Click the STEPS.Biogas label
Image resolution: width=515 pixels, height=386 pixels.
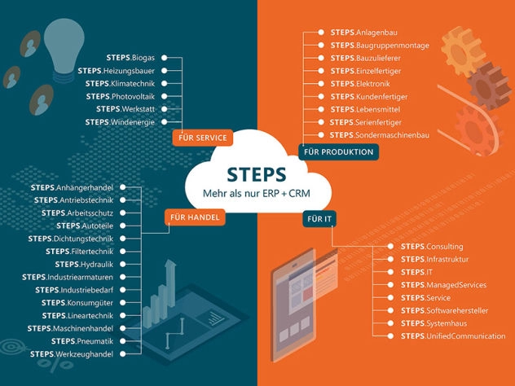tap(131, 58)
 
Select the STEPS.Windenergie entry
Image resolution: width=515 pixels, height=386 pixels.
tap(123, 121)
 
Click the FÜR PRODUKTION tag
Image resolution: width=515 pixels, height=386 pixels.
tap(338, 152)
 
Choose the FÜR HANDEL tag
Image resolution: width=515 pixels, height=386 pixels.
tap(195, 217)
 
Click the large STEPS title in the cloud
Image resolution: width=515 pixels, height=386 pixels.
tap(257, 175)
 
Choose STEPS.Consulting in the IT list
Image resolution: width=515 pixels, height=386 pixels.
tap(432, 246)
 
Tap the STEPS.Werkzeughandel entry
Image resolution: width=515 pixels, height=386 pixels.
tap(74, 354)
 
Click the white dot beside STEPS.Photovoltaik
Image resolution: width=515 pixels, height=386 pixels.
tap(164, 96)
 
